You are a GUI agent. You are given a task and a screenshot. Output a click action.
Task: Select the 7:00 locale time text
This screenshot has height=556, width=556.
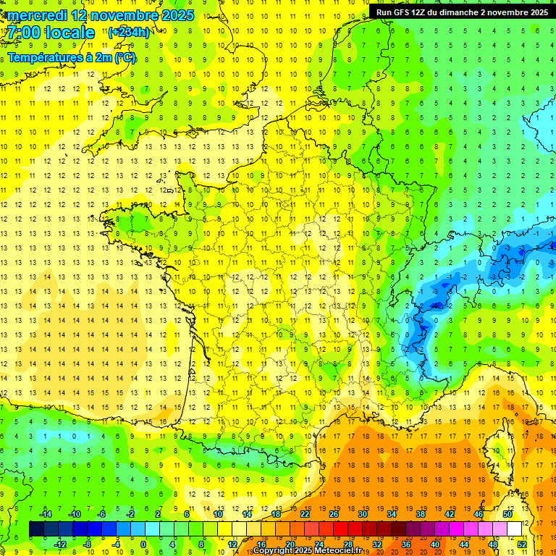[x=51, y=33]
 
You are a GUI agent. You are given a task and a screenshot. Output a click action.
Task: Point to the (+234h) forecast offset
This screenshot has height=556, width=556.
[x=129, y=32]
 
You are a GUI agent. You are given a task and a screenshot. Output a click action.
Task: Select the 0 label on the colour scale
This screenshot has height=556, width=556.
[x=143, y=544]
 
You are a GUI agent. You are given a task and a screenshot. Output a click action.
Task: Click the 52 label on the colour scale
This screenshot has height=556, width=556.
[x=522, y=544]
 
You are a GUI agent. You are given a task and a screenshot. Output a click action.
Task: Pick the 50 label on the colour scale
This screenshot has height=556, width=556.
[x=507, y=513]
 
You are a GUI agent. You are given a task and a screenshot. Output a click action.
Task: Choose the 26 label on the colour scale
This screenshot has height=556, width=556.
[x=334, y=513]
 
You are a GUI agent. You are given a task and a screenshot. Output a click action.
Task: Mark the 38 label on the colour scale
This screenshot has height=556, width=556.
[x=421, y=513]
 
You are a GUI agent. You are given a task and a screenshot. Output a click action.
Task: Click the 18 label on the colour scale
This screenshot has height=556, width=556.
[x=276, y=513]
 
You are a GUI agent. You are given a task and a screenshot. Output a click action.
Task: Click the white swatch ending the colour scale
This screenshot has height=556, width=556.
[x=514, y=529]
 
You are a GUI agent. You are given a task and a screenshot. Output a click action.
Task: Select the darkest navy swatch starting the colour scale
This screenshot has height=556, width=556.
[x=36, y=529]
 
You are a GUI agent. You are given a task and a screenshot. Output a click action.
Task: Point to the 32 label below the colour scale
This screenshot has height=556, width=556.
[x=377, y=544]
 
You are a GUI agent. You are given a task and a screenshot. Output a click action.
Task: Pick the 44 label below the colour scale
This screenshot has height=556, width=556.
[x=464, y=544]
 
